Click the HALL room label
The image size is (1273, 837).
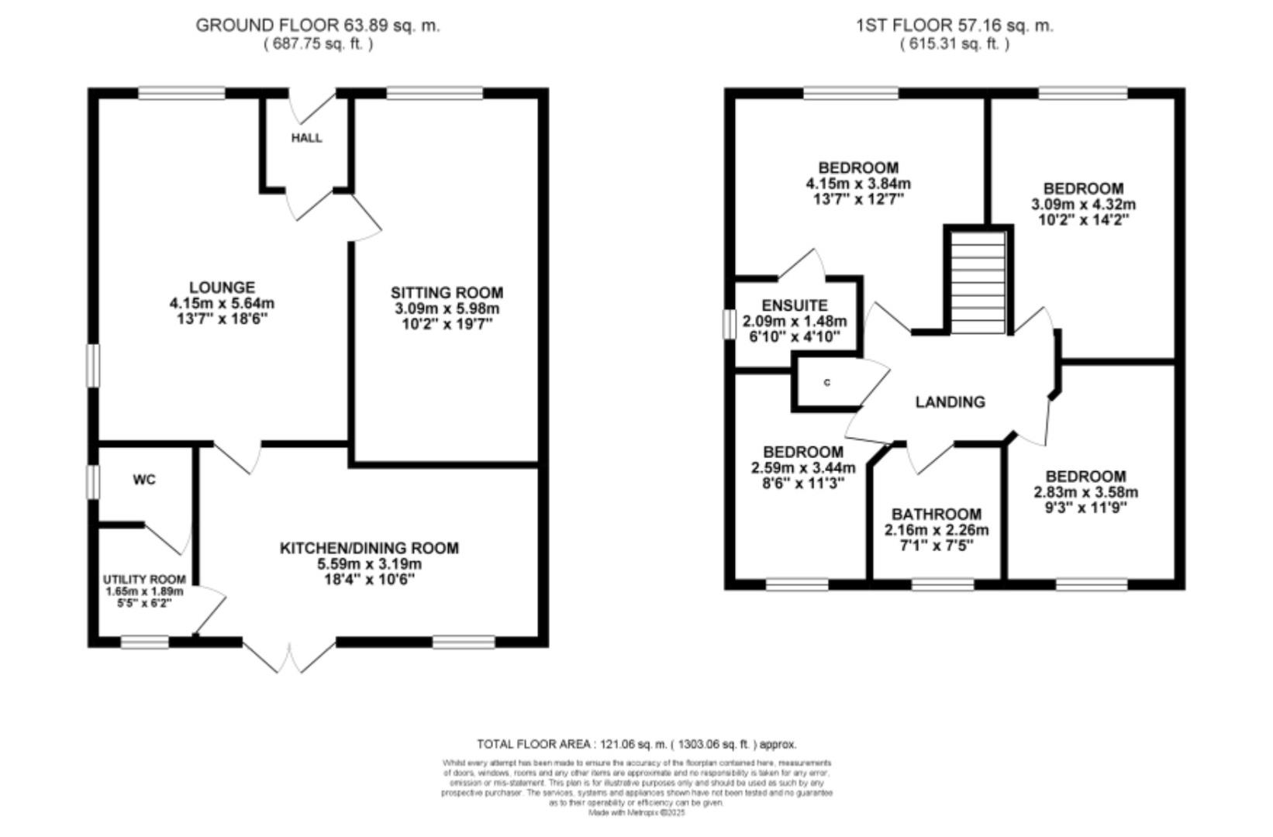(306, 138)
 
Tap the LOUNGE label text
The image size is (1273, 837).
(222, 288)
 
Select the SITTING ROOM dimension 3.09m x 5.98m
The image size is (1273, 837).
(447, 308)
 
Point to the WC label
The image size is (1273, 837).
(144, 480)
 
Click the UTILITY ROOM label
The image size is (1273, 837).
(144, 579)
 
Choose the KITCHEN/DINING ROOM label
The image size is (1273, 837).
(369, 548)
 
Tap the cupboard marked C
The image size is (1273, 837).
(827, 383)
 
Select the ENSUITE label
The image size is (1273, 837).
(795, 305)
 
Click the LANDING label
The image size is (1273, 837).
(950, 401)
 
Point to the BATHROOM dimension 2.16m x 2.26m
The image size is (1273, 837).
(937, 530)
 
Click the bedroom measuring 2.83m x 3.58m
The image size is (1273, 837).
(1085, 492)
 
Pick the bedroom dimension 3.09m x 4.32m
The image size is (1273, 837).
(1083, 205)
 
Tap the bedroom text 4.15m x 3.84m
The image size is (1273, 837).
(858, 184)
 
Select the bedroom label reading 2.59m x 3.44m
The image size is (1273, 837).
(803, 468)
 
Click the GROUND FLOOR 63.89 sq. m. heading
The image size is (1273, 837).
(317, 25)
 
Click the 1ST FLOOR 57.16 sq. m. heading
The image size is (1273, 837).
(954, 25)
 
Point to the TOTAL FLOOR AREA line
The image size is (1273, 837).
(636, 744)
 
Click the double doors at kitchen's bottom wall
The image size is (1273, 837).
(290, 656)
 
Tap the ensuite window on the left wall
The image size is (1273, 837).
(729, 324)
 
